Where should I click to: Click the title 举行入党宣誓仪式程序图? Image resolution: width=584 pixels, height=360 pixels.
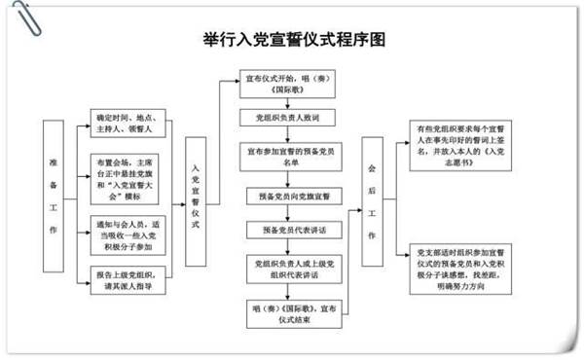point(292,41)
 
